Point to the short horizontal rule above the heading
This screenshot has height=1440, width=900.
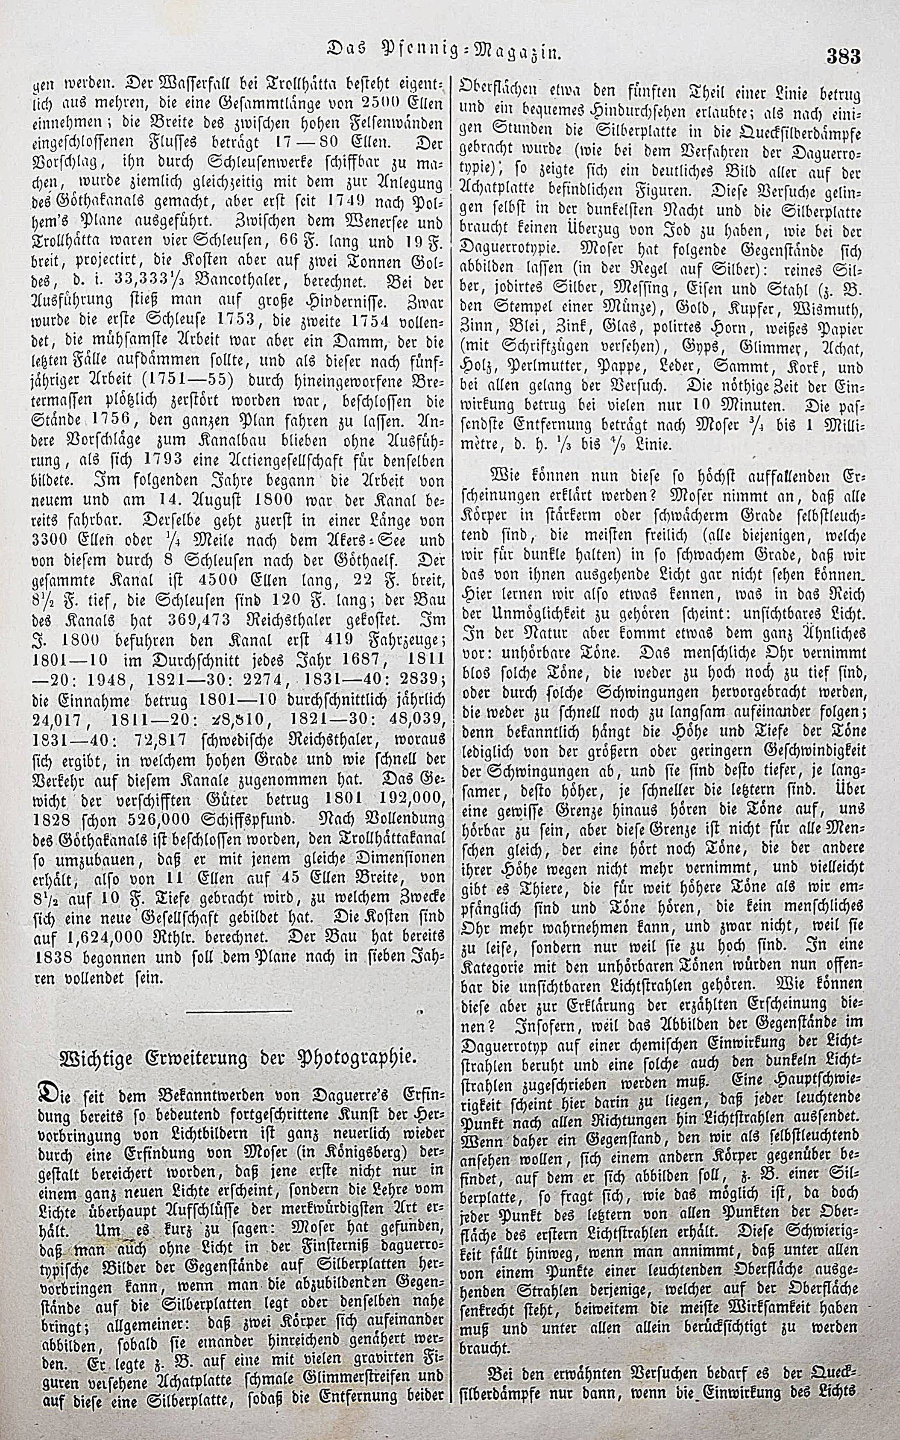tap(239, 1011)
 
